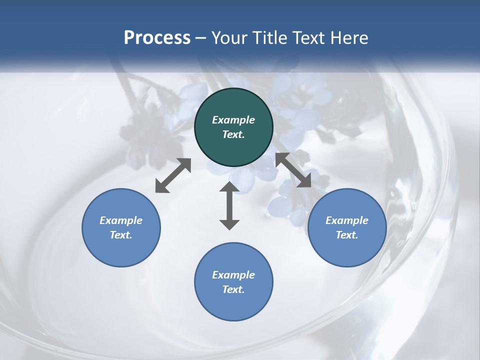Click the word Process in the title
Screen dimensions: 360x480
click(157, 37)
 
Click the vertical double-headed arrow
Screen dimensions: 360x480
click(229, 206)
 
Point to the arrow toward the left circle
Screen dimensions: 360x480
click(173, 175)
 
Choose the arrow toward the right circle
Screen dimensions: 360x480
click(293, 170)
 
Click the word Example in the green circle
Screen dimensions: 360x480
click(233, 120)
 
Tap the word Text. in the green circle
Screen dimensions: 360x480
click(233, 134)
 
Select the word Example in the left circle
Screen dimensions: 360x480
click(121, 220)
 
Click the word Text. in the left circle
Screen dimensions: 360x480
click(121, 235)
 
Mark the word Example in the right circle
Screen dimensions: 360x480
click(347, 220)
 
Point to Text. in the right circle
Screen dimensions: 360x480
click(347, 235)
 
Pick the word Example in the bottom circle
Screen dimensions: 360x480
click(233, 275)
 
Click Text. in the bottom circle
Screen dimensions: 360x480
click(233, 289)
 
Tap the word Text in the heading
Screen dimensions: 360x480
click(307, 37)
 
